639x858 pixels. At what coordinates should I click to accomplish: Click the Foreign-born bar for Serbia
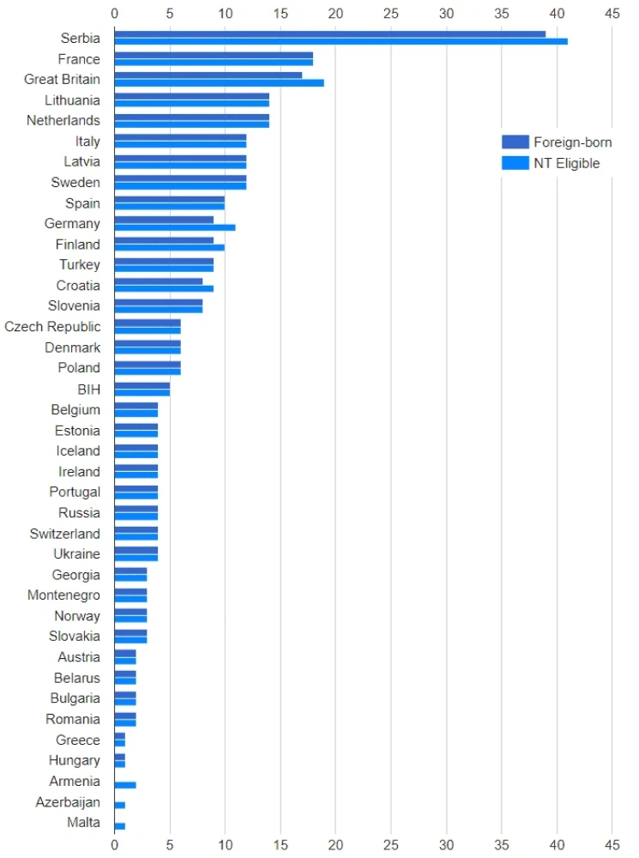tap(330, 34)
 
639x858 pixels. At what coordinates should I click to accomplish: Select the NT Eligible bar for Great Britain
tap(219, 83)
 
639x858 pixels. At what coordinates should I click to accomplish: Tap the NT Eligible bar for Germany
tap(175, 227)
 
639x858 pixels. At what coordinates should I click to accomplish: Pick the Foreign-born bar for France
tap(214, 55)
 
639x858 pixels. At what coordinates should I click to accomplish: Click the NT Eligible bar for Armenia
tap(125, 785)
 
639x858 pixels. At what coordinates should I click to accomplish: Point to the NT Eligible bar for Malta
tap(120, 826)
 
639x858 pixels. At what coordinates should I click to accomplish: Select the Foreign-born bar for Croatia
tap(159, 281)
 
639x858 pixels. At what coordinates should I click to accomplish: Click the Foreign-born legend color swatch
tap(515, 142)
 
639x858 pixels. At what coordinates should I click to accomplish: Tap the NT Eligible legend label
tap(566, 163)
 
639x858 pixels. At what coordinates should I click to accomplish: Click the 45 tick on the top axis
tap(612, 14)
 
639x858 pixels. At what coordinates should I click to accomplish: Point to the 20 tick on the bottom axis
tap(335, 844)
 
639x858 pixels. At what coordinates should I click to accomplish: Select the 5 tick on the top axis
tap(170, 14)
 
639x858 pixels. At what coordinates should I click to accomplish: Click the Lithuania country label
tap(72, 100)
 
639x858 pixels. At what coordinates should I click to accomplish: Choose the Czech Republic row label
tap(52, 327)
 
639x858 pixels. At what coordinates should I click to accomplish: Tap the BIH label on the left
tap(88, 390)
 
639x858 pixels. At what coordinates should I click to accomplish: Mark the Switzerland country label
tap(64, 534)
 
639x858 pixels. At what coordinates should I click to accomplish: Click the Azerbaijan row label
tap(68, 802)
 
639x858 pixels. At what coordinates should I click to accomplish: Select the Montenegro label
tap(63, 595)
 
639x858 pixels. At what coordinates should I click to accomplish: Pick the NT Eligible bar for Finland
tap(170, 248)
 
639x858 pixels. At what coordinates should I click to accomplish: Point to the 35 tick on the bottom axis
tap(502, 844)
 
